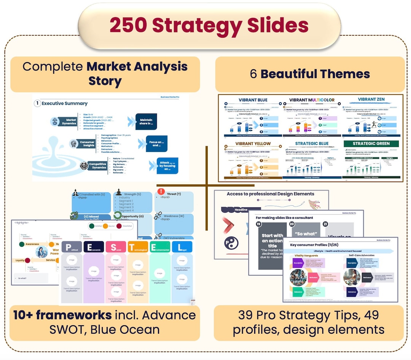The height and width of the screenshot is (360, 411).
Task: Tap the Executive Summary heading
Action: coord(64,103)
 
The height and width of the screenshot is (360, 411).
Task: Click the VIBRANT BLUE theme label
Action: coord(253,100)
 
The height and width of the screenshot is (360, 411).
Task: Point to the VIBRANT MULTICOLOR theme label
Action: coord(312,100)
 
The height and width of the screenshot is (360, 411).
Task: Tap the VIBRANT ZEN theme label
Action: coord(371,99)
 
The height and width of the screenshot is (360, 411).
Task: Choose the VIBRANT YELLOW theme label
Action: coord(253,144)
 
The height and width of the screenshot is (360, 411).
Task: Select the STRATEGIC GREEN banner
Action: coord(371,144)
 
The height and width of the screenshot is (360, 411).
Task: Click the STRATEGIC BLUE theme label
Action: coord(312,144)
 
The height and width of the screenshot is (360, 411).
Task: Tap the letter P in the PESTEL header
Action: coord(68,247)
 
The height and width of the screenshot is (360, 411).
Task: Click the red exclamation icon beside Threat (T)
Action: coord(161,192)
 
